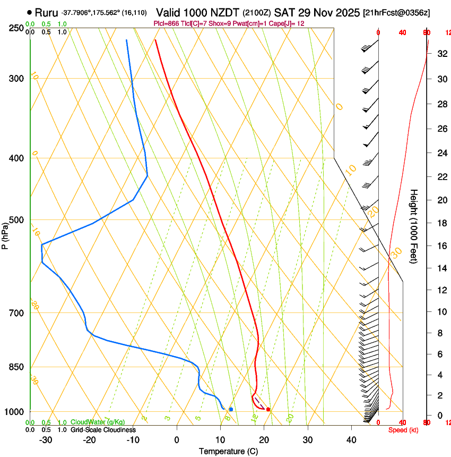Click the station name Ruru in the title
pyautogui.click(x=46, y=12)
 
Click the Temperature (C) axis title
pyautogui.click(x=228, y=451)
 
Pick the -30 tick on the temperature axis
pyautogui.click(x=46, y=440)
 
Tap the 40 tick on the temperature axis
pyautogui.click(x=351, y=440)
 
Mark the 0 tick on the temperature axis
pyautogui.click(x=177, y=440)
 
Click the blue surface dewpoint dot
pyautogui.click(x=231, y=409)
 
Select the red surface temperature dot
pyautogui.click(x=268, y=409)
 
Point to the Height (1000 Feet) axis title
pyautogui.click(x=414, y=226)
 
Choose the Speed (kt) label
pyautogui.click(x=403, y=430)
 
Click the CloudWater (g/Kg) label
pyautogui.click(x=98, y=422)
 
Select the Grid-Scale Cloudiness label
pyautogui.click(x=103, y=429)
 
